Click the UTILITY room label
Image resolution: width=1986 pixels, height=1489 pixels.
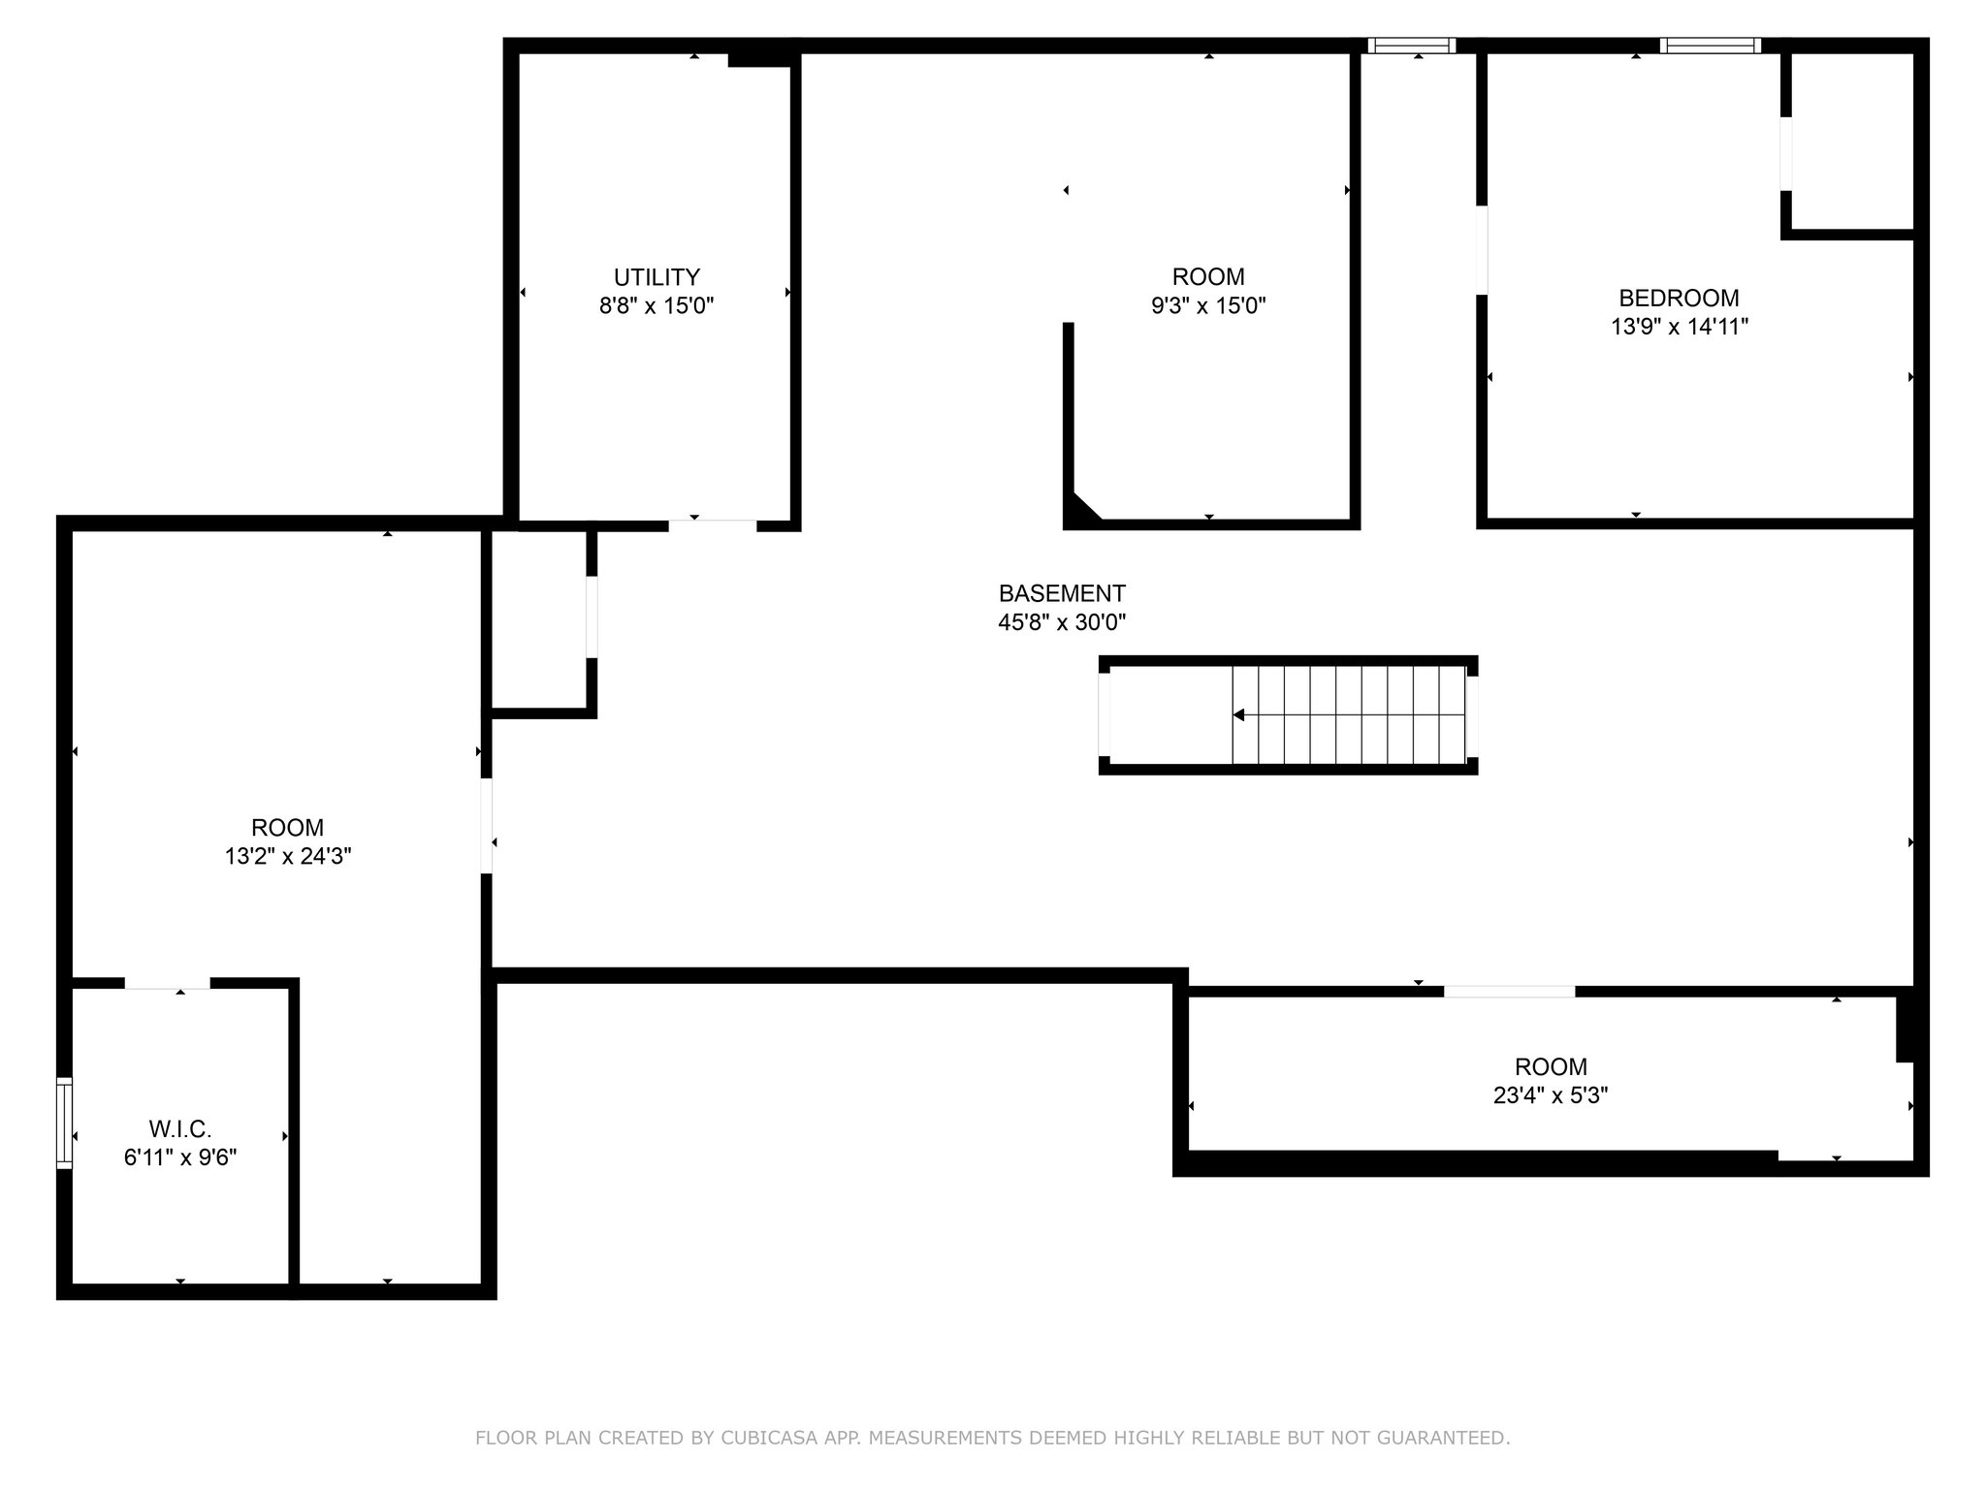657,277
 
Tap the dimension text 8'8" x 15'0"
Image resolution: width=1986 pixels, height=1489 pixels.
657,306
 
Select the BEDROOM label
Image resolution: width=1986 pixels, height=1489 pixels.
1679,298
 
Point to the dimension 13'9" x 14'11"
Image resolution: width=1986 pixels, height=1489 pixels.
1679,327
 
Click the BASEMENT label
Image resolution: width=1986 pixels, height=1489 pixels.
1062,593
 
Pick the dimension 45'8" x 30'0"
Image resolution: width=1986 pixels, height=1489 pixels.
1062,622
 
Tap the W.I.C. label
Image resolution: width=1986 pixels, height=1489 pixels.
180,1128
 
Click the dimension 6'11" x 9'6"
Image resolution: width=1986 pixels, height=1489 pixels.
180,1157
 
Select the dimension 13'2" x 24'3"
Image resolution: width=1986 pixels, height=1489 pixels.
287,856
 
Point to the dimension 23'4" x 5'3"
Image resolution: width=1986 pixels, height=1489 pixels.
1551,1095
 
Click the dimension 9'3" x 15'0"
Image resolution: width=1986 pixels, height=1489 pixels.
1208,306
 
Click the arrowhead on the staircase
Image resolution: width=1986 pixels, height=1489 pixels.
1238,715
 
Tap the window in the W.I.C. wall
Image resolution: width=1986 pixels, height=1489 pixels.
65,1123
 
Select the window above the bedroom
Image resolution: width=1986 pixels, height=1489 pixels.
1710,46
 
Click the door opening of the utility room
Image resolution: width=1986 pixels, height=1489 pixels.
712,525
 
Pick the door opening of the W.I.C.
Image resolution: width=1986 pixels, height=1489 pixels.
167,984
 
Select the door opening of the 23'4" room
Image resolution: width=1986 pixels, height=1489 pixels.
1509,992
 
